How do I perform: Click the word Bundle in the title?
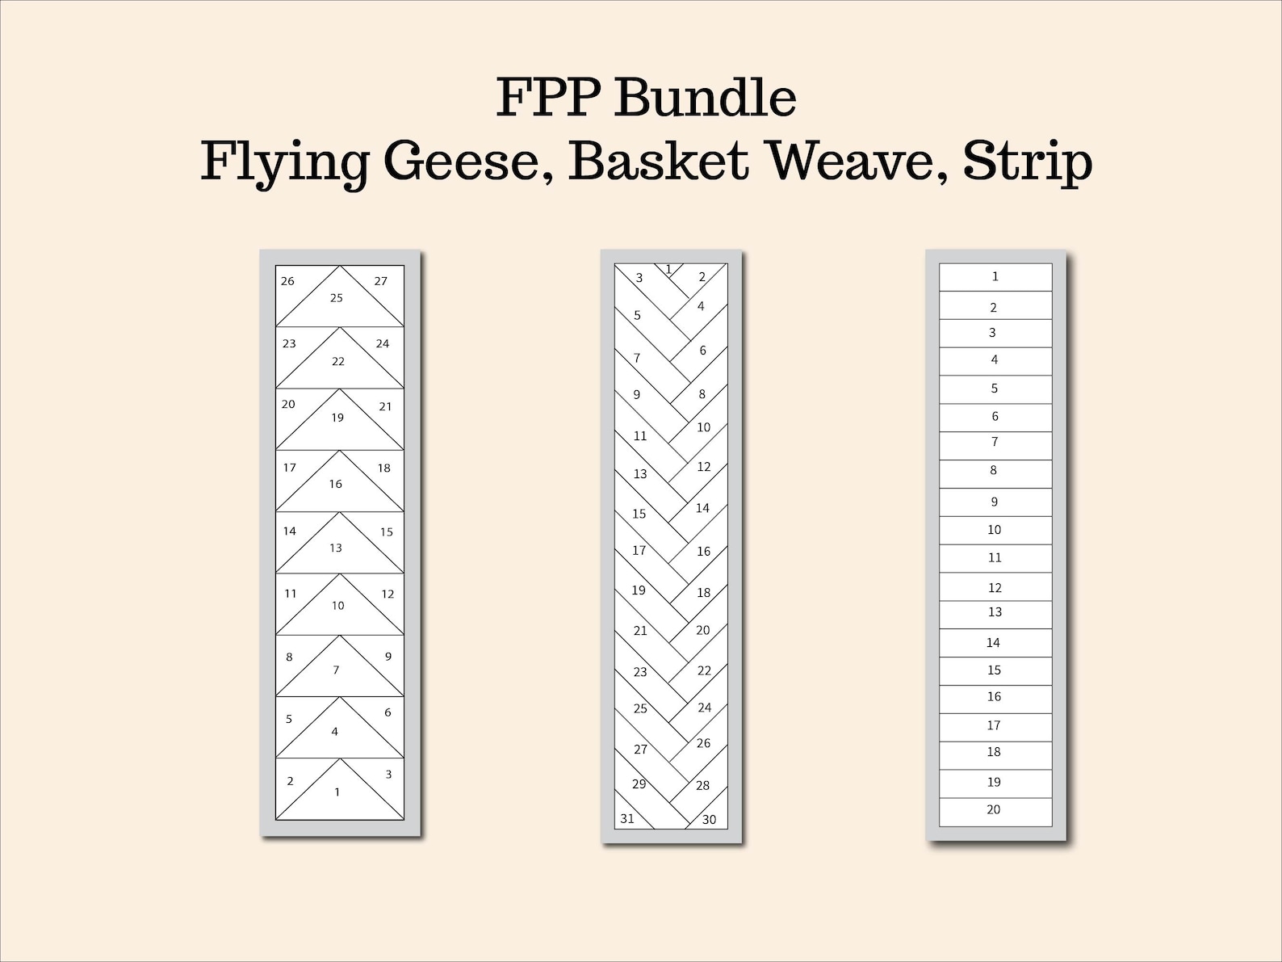click(706, 98)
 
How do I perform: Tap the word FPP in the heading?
click(549, 98)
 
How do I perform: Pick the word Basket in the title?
click(657, 162)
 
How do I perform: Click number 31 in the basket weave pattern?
click(627, 818)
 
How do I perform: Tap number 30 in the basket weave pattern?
click(708, 819)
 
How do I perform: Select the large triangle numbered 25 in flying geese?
click(337, 300)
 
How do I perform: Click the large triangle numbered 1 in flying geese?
click(338, 793)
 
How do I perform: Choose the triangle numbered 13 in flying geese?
click(337, 548)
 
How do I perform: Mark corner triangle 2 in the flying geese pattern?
click(291, 781)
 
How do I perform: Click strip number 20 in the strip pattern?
click(994, 810)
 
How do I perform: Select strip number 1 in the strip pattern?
click(995, 276)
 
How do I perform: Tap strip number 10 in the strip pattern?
click(995, 530)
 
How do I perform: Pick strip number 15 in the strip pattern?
click(995, 670)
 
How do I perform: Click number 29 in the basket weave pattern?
click(639, 783)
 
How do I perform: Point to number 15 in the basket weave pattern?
click(639, 514)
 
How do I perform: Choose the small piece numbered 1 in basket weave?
click(669, 270)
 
